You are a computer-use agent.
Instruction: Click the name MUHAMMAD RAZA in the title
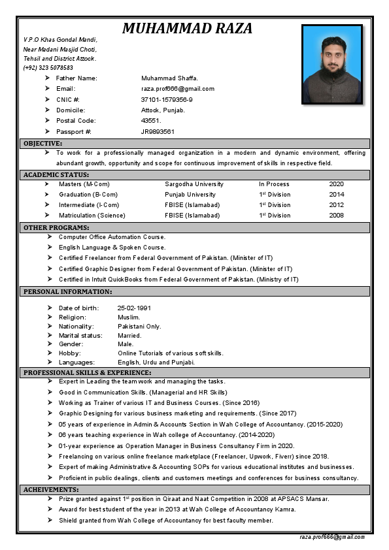(187, 28)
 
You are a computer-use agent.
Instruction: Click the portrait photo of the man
(332, 64)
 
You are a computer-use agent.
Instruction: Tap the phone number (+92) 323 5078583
(48, 68)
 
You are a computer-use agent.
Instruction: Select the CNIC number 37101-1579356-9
(167, 99)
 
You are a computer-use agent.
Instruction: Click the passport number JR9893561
(158, 131)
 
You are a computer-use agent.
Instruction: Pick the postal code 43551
(151, 121)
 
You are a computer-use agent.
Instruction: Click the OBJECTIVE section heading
(43, 143)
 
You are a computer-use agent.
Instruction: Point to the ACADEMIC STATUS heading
(56, 175)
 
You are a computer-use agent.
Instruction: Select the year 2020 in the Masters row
(336, 184)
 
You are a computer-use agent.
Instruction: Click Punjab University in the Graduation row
(190, 195)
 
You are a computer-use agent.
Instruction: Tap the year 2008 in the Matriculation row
(336, 216)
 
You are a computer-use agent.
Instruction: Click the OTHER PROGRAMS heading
(56, 227)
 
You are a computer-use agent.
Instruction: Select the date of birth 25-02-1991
(134, 308)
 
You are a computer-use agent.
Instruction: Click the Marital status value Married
(129, 336)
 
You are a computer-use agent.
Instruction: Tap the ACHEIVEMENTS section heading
(51, 489)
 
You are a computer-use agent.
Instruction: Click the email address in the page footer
(332, 536)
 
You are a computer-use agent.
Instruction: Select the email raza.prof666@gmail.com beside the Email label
(178, 89)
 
